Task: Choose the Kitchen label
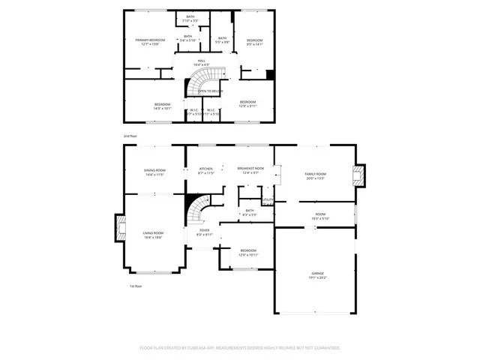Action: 206,170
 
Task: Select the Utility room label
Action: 268,200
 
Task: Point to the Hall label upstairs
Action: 202,62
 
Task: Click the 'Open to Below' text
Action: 211,91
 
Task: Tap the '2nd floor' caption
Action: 131,136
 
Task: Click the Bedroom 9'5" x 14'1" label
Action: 255,42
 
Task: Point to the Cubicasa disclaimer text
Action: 240,348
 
